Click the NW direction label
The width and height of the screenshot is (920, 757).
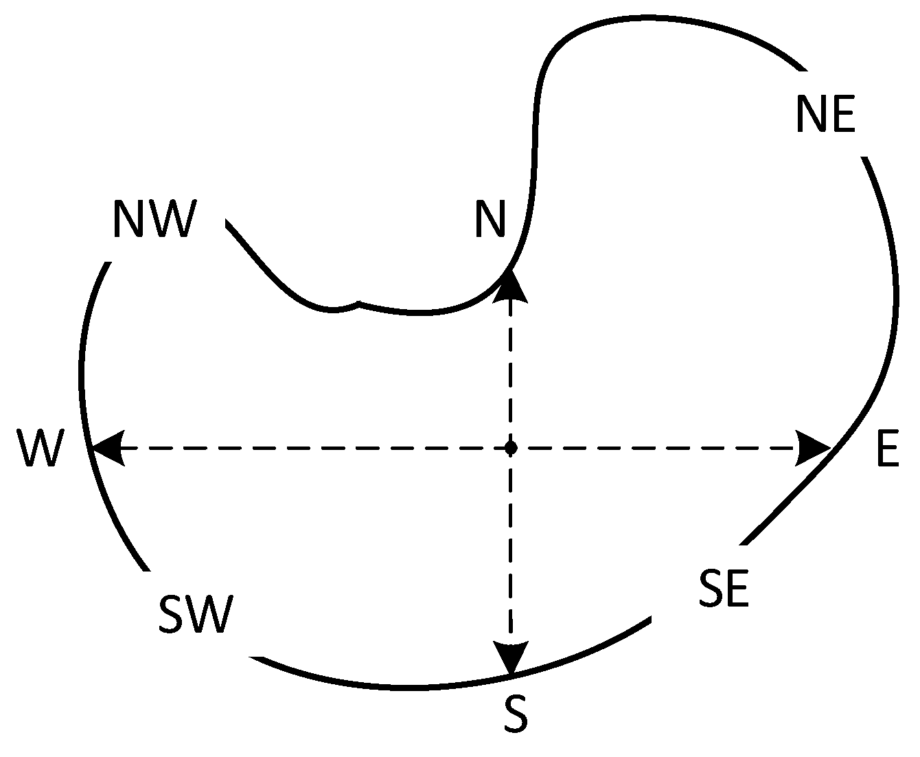click(154, 219)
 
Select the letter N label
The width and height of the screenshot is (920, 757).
click(490, 219)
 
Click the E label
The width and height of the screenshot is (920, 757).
click(888, 451)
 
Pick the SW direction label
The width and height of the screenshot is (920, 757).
click(196, 614)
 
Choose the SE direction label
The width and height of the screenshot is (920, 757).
click(724, 589)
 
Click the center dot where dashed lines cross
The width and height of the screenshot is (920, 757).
click(510, 449)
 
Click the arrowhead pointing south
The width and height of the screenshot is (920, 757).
click(511, 657)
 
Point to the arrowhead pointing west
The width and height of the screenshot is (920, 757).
click(108, 449)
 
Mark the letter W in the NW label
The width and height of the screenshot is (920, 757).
click(171, 219)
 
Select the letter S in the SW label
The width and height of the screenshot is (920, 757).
click(172, 614)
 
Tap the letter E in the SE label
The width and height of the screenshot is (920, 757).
click(737, 589)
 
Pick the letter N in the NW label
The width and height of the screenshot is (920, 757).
click(128, 219)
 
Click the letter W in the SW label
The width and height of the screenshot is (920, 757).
click(209, 614)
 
